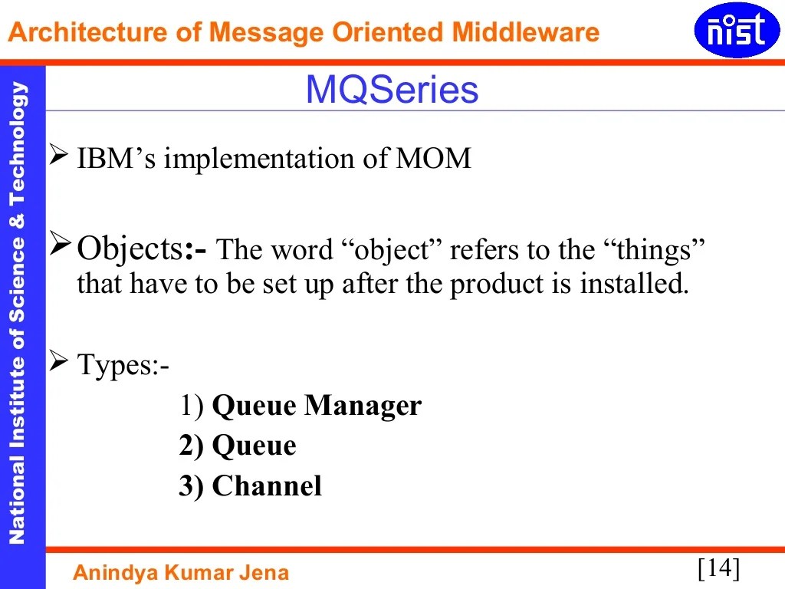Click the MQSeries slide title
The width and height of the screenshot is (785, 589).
(x=392, y=90)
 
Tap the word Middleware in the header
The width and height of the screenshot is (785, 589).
(x=525, y=32)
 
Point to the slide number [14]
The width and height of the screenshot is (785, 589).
(x=718, y=568)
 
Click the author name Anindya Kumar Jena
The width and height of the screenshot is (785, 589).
(x=181, y=572)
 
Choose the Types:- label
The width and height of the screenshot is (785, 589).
(x=123, y=366)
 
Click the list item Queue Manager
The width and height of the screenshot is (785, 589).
(x=316, y=405)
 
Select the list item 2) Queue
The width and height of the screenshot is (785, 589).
(x=238, y=446)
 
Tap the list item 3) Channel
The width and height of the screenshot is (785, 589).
(x=250, y=486)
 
